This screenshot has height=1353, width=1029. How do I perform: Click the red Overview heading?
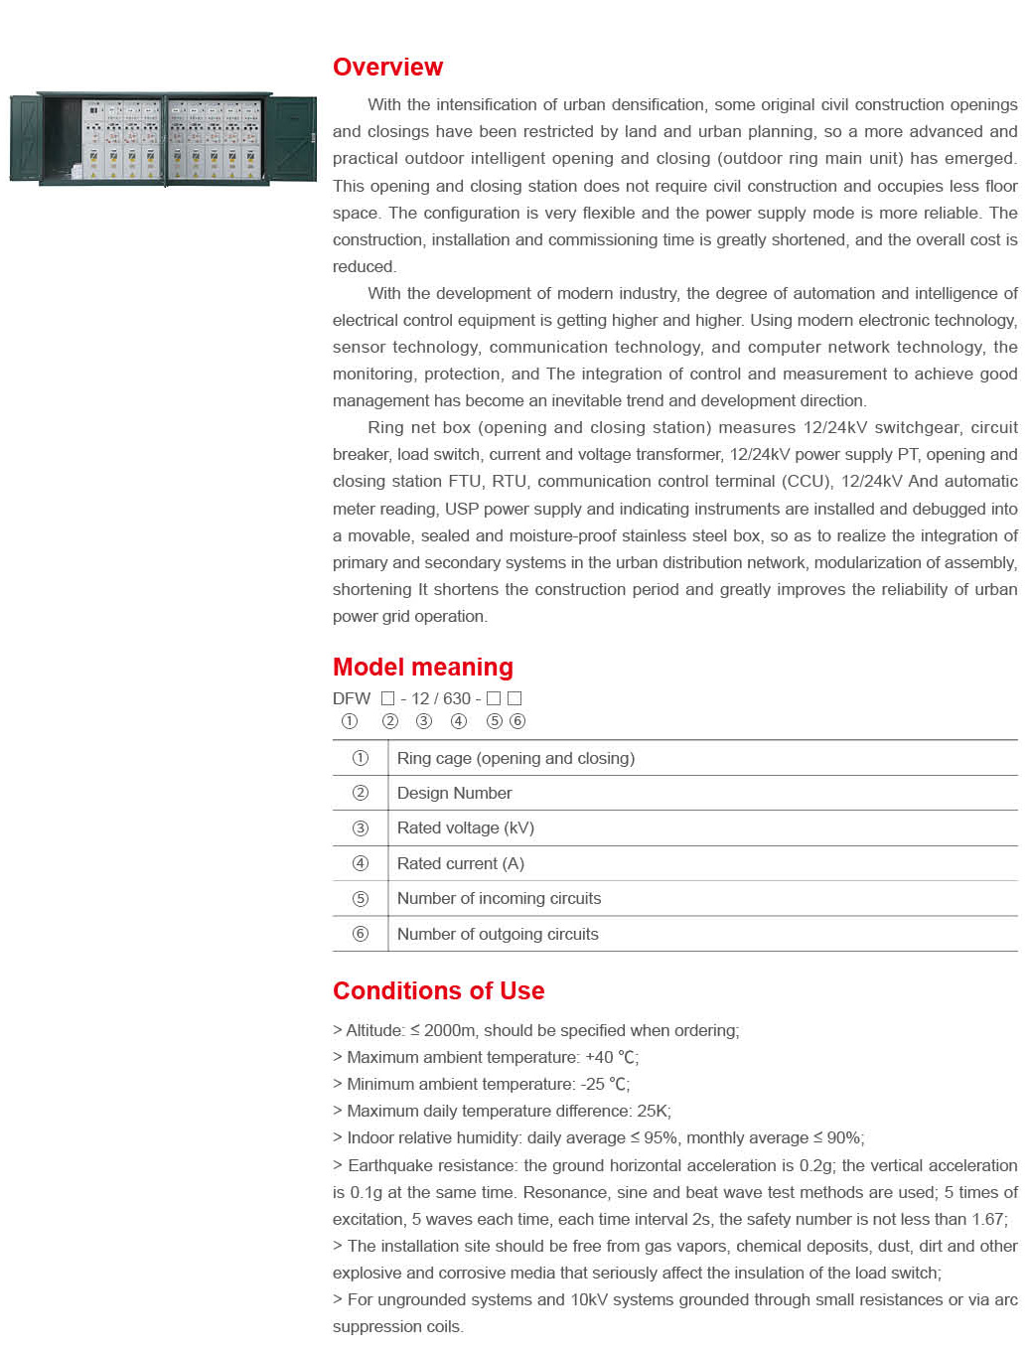tap(387, 68)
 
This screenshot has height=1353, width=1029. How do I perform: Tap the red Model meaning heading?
tap(422, 668)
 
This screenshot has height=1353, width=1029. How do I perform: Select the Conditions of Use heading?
tap(438, 991)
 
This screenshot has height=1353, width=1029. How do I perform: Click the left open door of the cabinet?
tap(25, 139)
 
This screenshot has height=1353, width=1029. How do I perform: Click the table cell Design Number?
tap(454, 794)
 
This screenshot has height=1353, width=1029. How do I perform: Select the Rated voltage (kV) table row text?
tap(465, 828)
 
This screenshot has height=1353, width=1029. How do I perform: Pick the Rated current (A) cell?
tap(460, 864)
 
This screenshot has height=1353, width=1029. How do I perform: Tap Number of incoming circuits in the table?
tap(499, 899)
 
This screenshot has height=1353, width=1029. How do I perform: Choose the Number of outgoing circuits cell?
tap(498, 935)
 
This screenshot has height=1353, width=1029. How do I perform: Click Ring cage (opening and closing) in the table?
tap(515, 759)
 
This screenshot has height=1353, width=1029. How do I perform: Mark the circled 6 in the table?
tap(361, 935)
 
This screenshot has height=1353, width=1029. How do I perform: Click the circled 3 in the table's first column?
tap(361, 828)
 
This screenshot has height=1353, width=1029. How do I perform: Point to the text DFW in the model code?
tap(352, 699)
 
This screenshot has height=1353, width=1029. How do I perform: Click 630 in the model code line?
tap(457, 699)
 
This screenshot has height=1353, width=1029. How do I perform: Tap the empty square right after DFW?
tap(388, 699)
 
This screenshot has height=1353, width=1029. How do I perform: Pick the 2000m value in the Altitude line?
tap(449, 1031)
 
